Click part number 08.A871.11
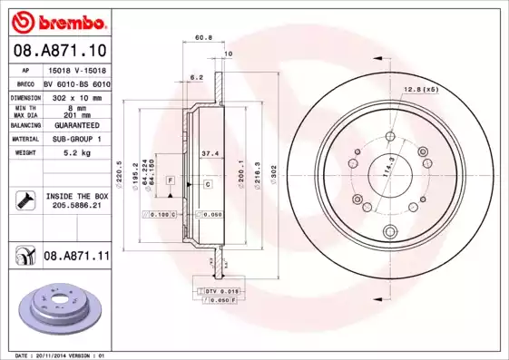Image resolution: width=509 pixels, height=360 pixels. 76,258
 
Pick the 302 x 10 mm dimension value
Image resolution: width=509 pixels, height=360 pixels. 75,96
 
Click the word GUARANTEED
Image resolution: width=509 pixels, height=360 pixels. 75,125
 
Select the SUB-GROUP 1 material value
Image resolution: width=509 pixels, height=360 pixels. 75,139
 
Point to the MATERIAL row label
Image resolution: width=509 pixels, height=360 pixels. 24,139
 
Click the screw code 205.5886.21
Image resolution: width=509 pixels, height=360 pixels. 76,206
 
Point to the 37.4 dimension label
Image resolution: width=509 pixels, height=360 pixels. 208,153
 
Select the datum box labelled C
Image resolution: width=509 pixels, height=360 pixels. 208,184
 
